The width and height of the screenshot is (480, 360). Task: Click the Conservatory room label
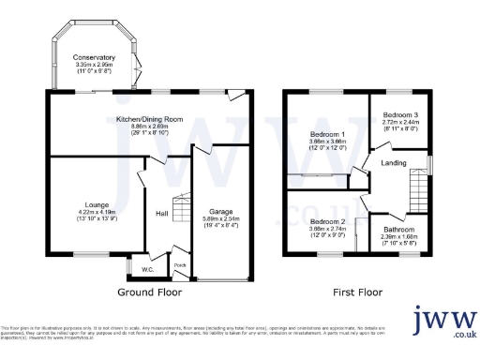click(x=94, y=57)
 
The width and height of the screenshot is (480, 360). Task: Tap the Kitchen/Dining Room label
click(x=149, y=119)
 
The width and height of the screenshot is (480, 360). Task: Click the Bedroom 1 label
click(x=328, y=134)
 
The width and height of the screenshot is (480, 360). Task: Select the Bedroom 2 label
click(x=328, y=221)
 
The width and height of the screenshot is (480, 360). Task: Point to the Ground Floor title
click(x=149, y=292)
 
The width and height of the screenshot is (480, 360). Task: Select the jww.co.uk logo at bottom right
click(x=445, y=322)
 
